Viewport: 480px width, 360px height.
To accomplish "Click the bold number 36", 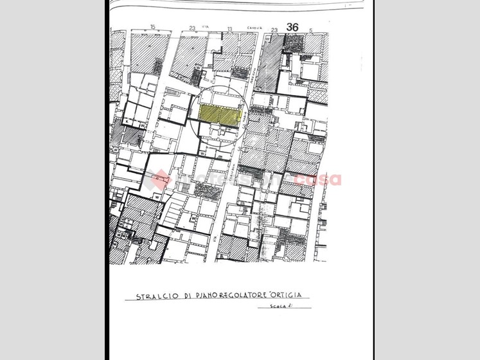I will [x=293, y=27].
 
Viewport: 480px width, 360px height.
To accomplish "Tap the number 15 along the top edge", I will [x=152, y=27].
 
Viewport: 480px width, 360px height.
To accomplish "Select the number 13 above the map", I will [x=229, y=29].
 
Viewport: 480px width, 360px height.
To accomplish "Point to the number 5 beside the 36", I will [x=310, y=30].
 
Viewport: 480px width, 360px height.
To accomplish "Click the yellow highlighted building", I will [x=220, y=114].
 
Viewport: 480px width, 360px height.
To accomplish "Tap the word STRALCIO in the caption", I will [x=152, y=296].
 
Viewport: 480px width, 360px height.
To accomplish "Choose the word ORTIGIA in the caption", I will [x=289, y=295].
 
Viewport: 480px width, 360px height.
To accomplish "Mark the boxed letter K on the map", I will [x=127, y=122].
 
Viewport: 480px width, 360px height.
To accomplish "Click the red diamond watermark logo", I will [x=160, y=179].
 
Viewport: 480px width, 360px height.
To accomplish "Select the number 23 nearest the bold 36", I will [x=274, y=30].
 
